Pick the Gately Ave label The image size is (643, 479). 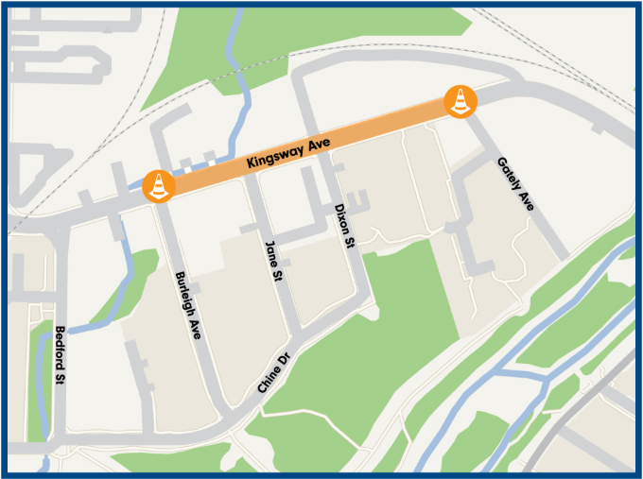pyautogui.click(x=516, y=184)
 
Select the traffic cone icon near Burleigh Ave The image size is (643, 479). pyautogui.click(x=158, y=184)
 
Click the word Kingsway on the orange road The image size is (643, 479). pyautogui.click(x=275, y=155)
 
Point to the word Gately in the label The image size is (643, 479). pyautogui.click(x=509, y=175)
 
